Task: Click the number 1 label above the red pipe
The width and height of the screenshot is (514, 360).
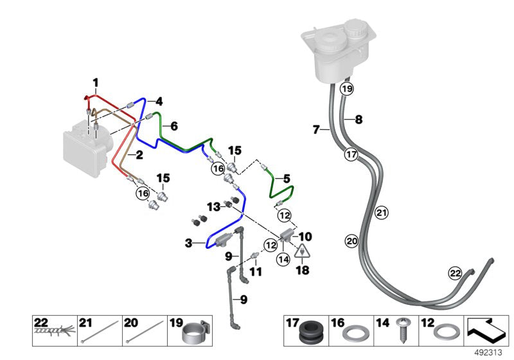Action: [x=95, y=82]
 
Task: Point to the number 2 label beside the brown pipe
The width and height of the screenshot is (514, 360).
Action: [x=139, y=154]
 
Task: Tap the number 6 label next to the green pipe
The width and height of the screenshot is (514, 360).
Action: [x=173, y=127]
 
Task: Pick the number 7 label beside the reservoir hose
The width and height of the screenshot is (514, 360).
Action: [x=316, y=130]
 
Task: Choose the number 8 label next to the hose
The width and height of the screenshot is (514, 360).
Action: [x=359, y=119]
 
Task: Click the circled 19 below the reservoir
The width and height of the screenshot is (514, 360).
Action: [x=347, y=89]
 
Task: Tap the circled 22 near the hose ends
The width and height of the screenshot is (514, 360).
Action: [x=455, y=273]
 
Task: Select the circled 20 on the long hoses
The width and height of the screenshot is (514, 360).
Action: [x=351, y=241]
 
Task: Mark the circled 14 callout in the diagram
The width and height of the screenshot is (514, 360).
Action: [x=282, y=260]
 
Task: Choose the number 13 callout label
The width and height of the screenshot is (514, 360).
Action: [x=213, y=206]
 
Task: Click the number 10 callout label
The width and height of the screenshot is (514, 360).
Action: [x=305, y=236]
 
